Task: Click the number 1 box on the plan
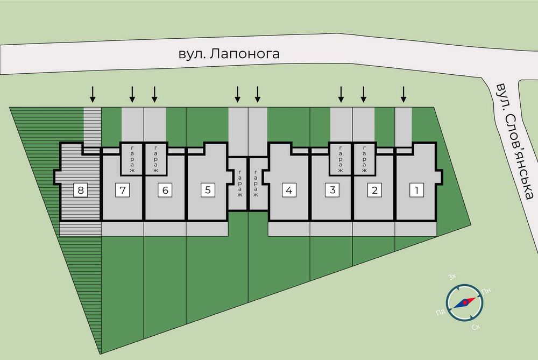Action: (x=416, y=190)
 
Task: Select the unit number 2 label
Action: (x=374, y=190)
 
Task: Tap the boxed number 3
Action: (x=332, y=190)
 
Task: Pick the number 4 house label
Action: (x=289, y=190)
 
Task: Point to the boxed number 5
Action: (x=208, y=190)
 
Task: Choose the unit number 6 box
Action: (x=165, y=190)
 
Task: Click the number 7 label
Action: (x=123, y=190)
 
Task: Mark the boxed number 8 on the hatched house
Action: (x=81, y=190)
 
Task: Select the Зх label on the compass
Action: (x=452, y=277)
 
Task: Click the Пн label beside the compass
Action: (x=487, y=292)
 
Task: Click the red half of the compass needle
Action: (x=469, y=300)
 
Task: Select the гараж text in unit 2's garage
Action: (x=363, y=159)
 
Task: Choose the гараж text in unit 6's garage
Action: (x=155, y=159)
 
